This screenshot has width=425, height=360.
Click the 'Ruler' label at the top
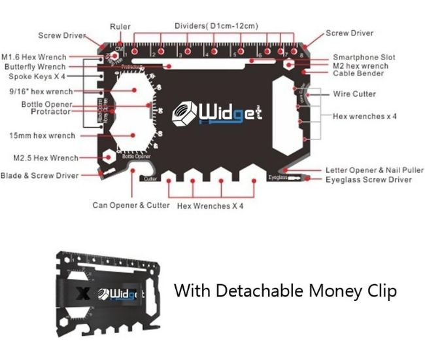[x=120, y=27]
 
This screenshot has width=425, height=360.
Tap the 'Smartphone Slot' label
[x=364, y=58]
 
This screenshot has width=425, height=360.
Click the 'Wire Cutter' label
[x=354, y=94]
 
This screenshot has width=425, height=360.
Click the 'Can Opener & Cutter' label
[x=131, y=206]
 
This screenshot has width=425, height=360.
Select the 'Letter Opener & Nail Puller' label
[x=369, y=170]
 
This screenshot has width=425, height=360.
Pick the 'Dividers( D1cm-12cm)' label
[x=216, y=26]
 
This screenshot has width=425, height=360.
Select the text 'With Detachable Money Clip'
[x=284, y=290]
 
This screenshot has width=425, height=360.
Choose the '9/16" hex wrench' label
[x=44, y=92]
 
